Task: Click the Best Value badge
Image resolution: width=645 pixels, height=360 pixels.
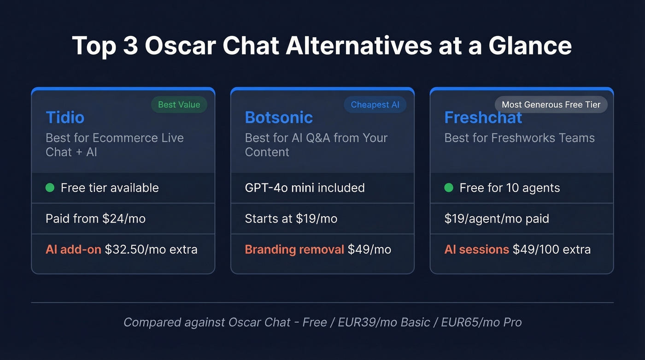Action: (179, 105)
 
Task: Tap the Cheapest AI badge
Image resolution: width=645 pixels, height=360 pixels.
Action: (375, 105)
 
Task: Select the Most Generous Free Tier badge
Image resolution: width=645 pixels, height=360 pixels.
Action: (551, 105)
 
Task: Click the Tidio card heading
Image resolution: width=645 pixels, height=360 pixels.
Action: (65, 118)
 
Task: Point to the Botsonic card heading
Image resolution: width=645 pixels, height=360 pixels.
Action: (279, 118)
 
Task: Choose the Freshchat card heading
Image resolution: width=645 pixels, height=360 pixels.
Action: (483, 118)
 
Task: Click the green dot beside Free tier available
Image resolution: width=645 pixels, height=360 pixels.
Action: (50, 188)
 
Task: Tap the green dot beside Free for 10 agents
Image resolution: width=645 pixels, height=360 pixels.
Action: (449, 188)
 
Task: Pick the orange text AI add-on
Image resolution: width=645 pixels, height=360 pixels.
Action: (73, 249)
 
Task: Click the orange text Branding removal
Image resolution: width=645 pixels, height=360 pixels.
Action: (294, 249)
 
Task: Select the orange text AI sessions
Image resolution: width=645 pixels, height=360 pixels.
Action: (476, 249)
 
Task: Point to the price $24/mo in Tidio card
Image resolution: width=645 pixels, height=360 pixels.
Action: (125, 218)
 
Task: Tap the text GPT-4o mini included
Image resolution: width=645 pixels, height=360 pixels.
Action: (305, 188)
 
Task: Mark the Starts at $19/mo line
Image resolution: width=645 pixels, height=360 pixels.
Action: (291, 218)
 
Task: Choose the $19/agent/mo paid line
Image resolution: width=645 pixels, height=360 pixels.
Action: (497, 218)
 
